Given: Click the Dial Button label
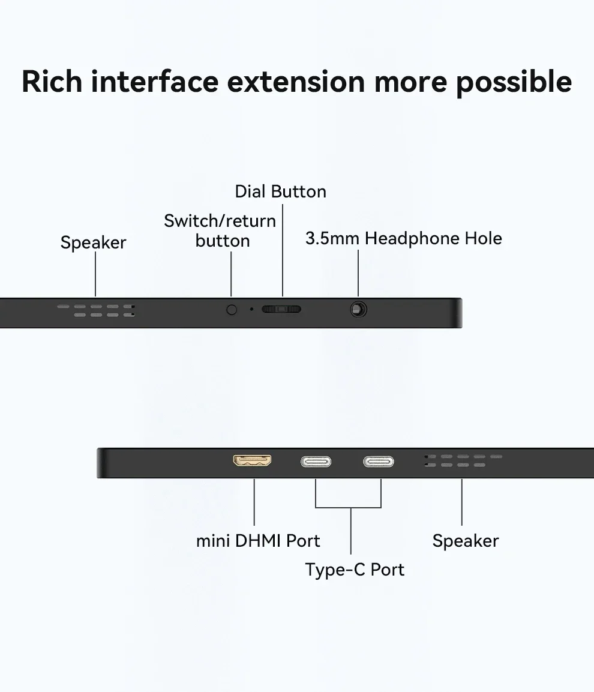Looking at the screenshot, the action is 281,191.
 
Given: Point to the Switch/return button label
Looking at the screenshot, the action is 220,231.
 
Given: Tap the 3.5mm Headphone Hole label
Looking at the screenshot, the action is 404,238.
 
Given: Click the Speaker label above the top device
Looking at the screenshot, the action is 93,242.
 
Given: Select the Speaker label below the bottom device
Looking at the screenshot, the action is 466,541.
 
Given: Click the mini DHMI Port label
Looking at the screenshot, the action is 258,541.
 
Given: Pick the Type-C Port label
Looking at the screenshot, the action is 355,570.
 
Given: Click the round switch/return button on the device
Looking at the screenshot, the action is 231,310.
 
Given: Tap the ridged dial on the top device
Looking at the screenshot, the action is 281,309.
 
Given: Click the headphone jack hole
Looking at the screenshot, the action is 358,310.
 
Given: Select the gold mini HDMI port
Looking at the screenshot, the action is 252,460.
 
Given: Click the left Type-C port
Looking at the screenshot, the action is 316,462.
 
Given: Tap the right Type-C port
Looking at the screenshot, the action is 379,462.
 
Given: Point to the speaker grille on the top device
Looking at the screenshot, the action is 96,310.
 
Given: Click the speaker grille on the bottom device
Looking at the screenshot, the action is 463,461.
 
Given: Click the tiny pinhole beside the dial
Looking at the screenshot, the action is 251,309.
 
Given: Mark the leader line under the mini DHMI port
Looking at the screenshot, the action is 254,502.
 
